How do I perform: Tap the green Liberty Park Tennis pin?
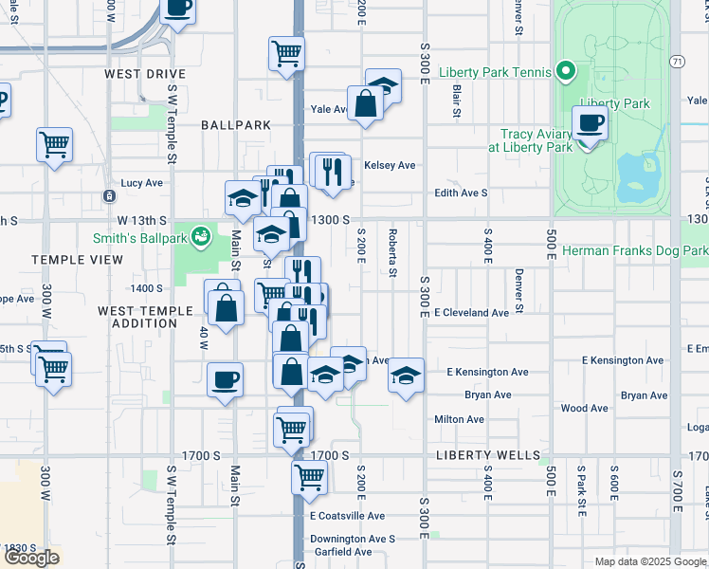point(566,70)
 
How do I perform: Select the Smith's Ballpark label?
point(143,235)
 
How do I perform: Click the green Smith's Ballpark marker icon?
point(200,234)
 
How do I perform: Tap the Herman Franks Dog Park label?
point(634,251)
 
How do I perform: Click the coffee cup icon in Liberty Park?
point(590,123)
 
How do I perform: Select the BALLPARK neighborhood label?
point(236,125)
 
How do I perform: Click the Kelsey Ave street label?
point(390,165)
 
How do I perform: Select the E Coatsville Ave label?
point(347,516)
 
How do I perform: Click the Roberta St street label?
point(391,251)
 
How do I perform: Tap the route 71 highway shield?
point(676,61)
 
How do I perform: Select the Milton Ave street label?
point(459,419)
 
